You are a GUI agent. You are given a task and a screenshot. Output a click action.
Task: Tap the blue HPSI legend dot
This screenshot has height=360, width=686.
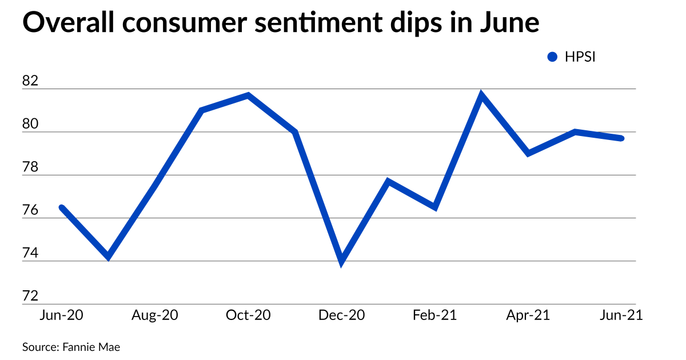tap(552, 57)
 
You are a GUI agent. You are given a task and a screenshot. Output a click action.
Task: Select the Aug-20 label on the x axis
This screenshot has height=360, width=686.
tap(154, 315)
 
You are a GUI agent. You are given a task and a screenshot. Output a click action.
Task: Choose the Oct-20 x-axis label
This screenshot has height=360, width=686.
tap(248, 315)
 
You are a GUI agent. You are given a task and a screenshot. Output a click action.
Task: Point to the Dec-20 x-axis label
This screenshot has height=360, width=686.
tap(342, 315)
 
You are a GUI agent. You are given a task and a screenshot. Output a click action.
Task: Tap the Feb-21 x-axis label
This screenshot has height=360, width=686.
tap(435, 315)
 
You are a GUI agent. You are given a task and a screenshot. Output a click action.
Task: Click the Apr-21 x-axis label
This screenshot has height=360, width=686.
tap(528, 315)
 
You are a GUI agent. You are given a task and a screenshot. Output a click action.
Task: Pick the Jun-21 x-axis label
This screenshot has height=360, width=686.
tap(621, 315)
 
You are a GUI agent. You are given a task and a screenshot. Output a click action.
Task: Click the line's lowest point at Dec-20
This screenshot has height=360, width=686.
tap(342, 262)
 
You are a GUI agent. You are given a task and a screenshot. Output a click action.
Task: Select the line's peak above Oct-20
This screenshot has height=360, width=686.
tap(248, 95)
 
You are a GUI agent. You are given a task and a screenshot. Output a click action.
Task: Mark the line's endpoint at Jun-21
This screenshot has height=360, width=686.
tap(621, 138)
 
